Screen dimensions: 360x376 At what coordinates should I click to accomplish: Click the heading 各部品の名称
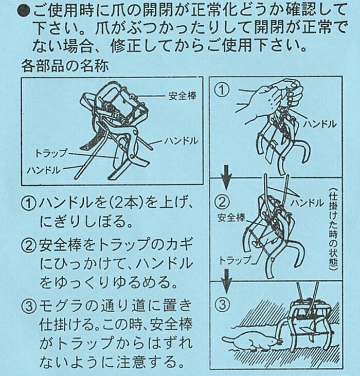click(65, 66)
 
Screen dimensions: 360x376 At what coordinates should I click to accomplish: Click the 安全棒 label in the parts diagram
click(183, 96)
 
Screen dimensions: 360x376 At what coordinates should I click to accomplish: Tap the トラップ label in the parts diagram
click(51, 153)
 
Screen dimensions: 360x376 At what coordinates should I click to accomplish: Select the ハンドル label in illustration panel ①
click(320, 124)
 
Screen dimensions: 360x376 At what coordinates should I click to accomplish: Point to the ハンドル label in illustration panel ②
click(307, 203)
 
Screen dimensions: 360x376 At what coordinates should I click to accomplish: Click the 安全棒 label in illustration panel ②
click(231, 218)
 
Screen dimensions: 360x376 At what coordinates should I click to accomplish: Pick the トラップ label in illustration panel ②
click(235, 260)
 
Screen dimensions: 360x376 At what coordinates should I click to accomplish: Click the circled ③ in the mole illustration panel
click(222, 305)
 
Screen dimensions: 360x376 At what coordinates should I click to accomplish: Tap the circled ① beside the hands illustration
click(222, 90)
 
